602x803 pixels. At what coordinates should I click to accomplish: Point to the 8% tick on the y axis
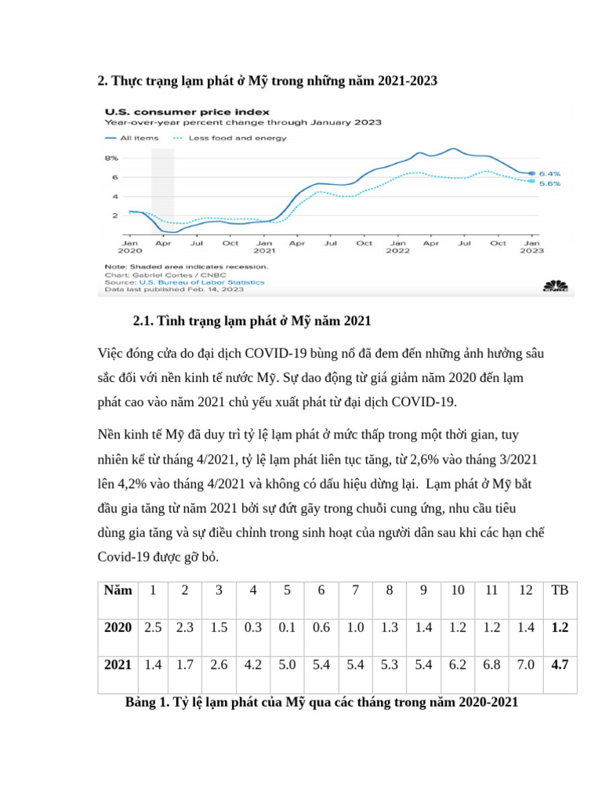(x=111, y=158)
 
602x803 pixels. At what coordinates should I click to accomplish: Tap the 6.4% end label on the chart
(x=549, y=173)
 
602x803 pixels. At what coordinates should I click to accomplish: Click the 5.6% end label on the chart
(x=549, y=183)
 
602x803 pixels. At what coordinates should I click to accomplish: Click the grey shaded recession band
(x=162, y=188)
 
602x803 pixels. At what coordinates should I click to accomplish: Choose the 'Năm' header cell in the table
(x=117, y=590)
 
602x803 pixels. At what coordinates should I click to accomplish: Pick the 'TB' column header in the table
(x=559, y=590)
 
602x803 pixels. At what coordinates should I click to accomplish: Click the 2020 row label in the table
(x=118, y=627)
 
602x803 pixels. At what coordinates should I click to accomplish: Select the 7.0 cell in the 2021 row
(x=525, y=665)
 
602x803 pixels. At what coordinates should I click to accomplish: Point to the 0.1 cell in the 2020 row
(x=287, y=627)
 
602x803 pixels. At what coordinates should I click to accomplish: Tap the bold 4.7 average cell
(x=559, y=665)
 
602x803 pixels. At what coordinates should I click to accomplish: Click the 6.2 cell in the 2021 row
(x=457, y=665)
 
